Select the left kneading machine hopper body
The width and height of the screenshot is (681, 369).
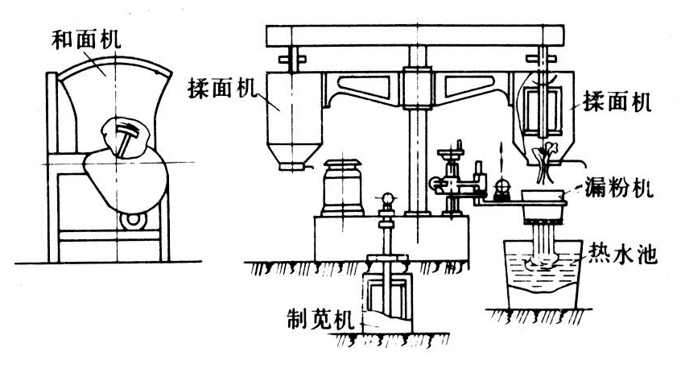point(296,117)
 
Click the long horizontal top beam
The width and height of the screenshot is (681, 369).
point(419,34)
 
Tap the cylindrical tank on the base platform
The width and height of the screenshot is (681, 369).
point(340,189)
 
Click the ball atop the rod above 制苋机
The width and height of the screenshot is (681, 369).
point(386,196)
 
